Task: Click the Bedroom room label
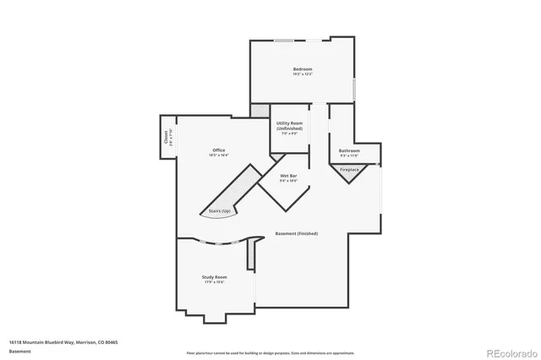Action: click(303, 68)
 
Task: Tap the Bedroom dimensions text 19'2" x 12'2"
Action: click(303, 74)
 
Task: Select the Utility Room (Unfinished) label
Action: click(289, 125)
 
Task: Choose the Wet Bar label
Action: click(288, 176)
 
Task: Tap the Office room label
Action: click(218, 150)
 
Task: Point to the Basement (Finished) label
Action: click(297, 234)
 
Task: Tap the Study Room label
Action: click(214, 276)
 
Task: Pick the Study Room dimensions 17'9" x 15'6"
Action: click(214, 282)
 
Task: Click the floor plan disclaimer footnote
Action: click(270, 352)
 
